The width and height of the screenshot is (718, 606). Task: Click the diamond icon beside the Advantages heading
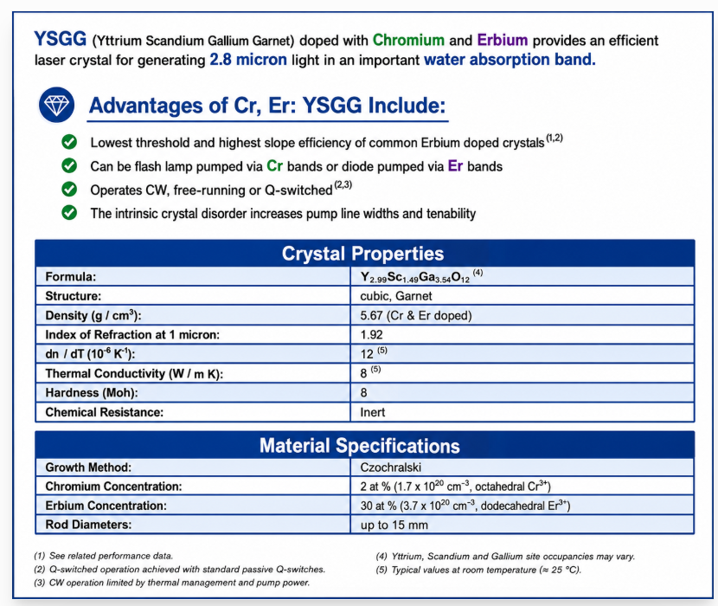tap(56, 105)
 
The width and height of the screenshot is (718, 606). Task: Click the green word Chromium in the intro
tap(408, 41)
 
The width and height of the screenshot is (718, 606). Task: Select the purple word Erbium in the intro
tap(503, 41)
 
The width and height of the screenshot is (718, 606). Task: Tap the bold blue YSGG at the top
tap(60, 39)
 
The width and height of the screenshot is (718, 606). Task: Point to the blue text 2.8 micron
tap(248, 60)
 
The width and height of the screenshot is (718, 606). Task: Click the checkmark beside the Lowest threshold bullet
tap(69, 142)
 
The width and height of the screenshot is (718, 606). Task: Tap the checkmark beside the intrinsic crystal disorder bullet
tap(69, 213)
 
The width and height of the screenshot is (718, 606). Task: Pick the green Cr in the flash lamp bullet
tap(274, 166)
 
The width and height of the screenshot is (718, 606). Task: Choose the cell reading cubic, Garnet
tap(396, 296)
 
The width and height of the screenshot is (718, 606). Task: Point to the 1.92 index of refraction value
tap(371, 335)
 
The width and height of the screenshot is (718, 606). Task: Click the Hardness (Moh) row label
tap(92, 393)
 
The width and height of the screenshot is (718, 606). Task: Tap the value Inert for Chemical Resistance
tap(372, 412)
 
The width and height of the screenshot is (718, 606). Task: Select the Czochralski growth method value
tap(391, 467)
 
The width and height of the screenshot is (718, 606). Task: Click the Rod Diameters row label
tap(88, 525)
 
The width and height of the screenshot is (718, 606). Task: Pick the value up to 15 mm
tap(394, 525)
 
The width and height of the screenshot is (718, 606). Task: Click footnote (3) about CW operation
tap(172, 583)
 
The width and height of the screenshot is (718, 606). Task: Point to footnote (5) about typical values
tap(478, 570)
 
